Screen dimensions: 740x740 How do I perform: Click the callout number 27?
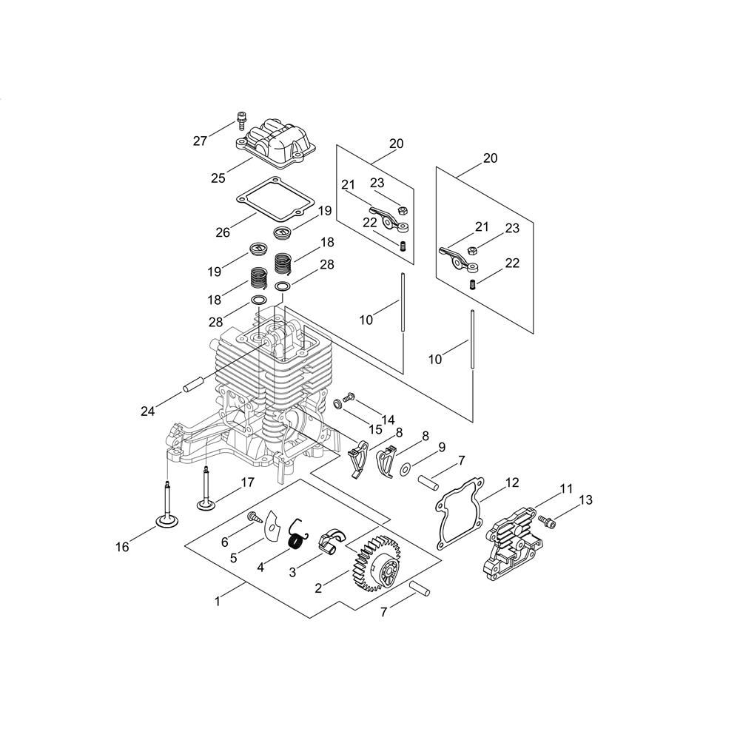click(x=200, y=141)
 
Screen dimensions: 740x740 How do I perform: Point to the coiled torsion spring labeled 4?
click(x=297, y=537)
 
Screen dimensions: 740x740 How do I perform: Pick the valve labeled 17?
click(x=206, y=488)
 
